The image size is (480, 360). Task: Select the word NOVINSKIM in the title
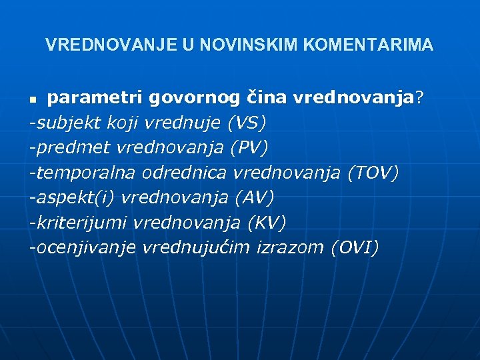point(237,45)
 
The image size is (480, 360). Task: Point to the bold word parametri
point(95,98)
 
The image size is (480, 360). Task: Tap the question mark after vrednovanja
point(419,98)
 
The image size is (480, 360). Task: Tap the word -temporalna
point(83,173)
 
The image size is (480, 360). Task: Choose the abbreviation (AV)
point(254,197)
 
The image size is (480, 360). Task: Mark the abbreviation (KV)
point(267,223)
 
